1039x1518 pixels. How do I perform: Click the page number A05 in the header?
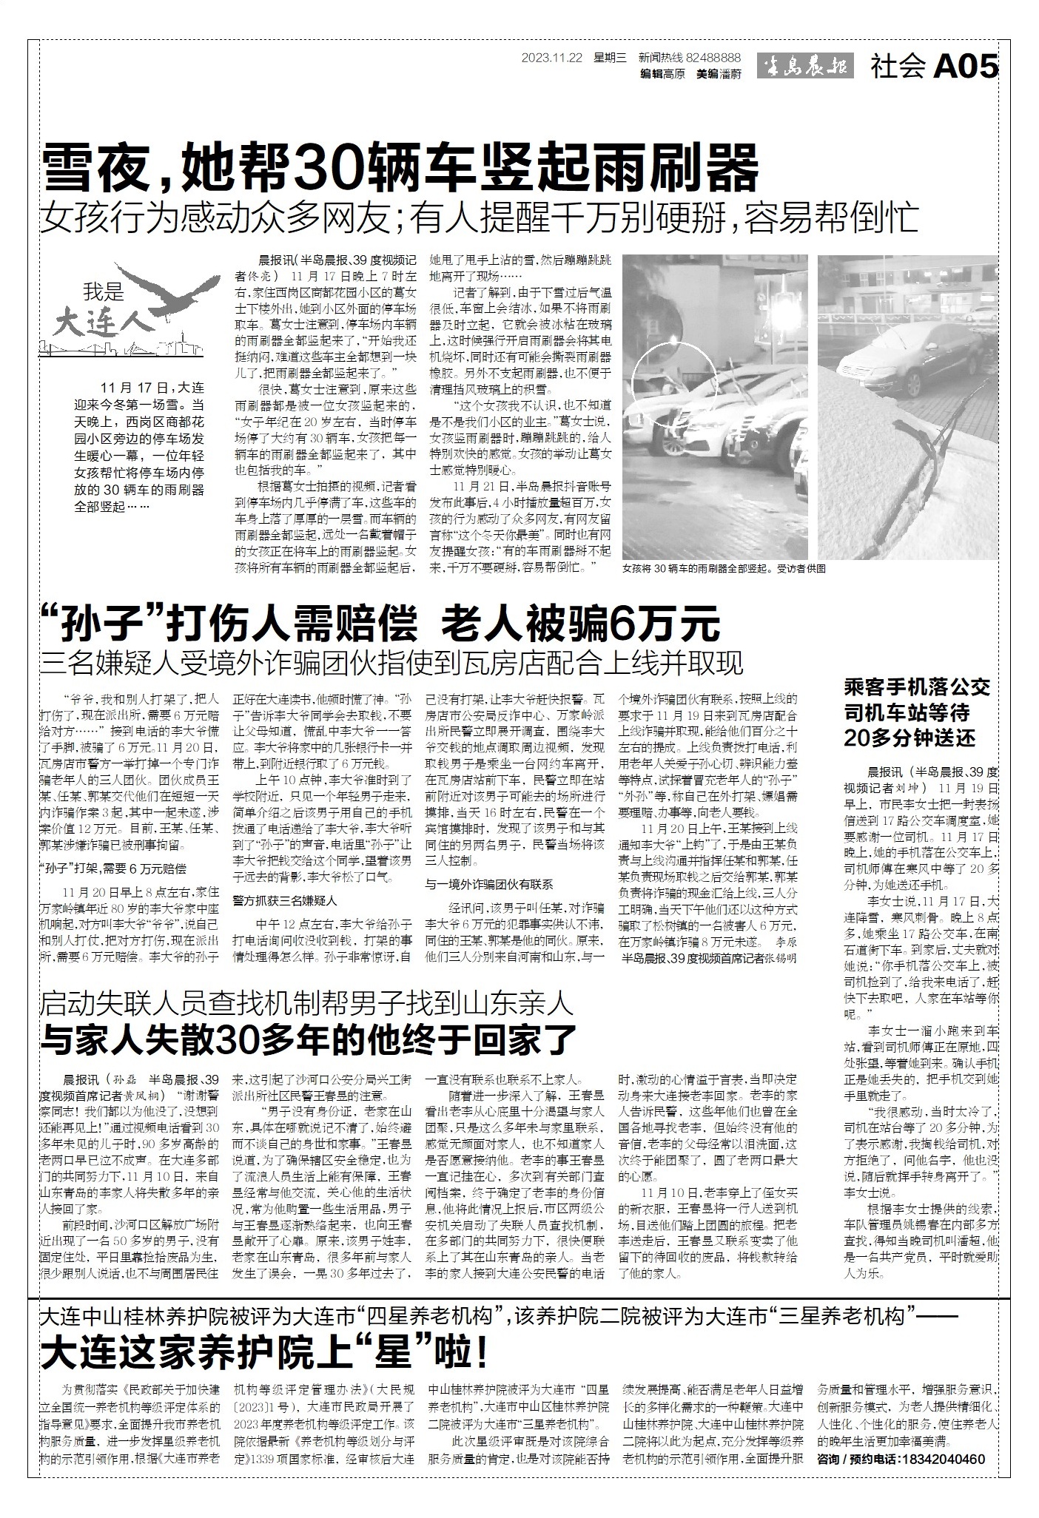(966, 67)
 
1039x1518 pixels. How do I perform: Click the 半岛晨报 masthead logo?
(804, 67)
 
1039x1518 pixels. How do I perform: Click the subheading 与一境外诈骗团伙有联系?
(489, 884)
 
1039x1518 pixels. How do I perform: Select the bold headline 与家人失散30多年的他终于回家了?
(309, 1041)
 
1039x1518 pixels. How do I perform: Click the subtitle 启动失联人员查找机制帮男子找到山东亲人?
(307, 1004)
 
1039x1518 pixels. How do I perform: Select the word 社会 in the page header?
(898, 67)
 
